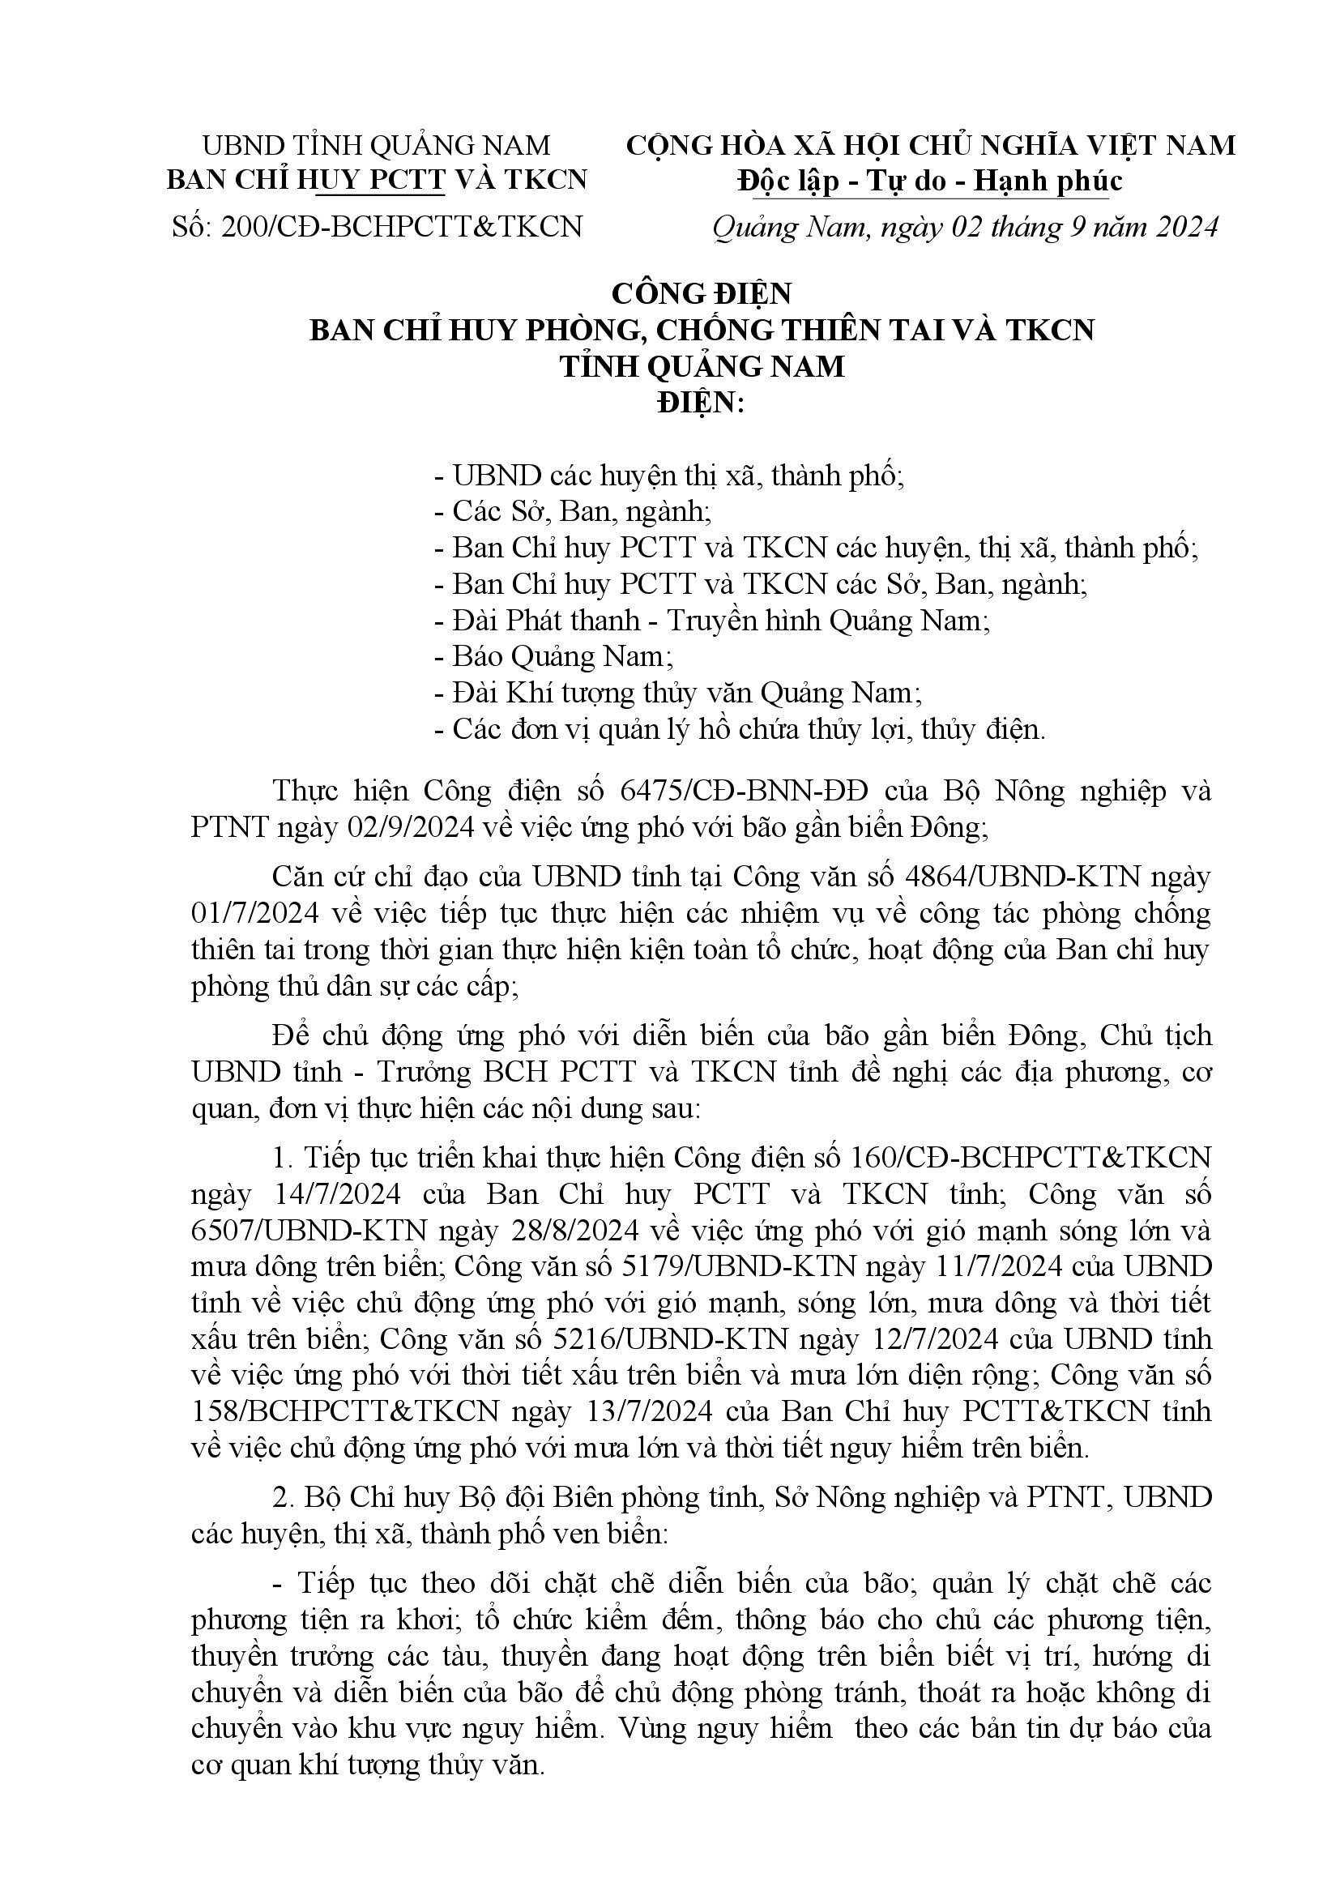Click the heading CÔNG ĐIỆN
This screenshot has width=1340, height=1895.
point(701,293)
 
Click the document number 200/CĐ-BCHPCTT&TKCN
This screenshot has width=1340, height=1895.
point(402,226)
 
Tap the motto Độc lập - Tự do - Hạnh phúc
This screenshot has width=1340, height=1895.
point(930,181)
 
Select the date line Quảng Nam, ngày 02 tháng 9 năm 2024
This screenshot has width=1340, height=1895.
point(965,227)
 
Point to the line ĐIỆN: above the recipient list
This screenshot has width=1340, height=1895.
point(701,403)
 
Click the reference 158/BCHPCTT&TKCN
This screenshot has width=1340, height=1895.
point(345,1411)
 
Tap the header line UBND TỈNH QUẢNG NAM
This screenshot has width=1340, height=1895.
point(376,145)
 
